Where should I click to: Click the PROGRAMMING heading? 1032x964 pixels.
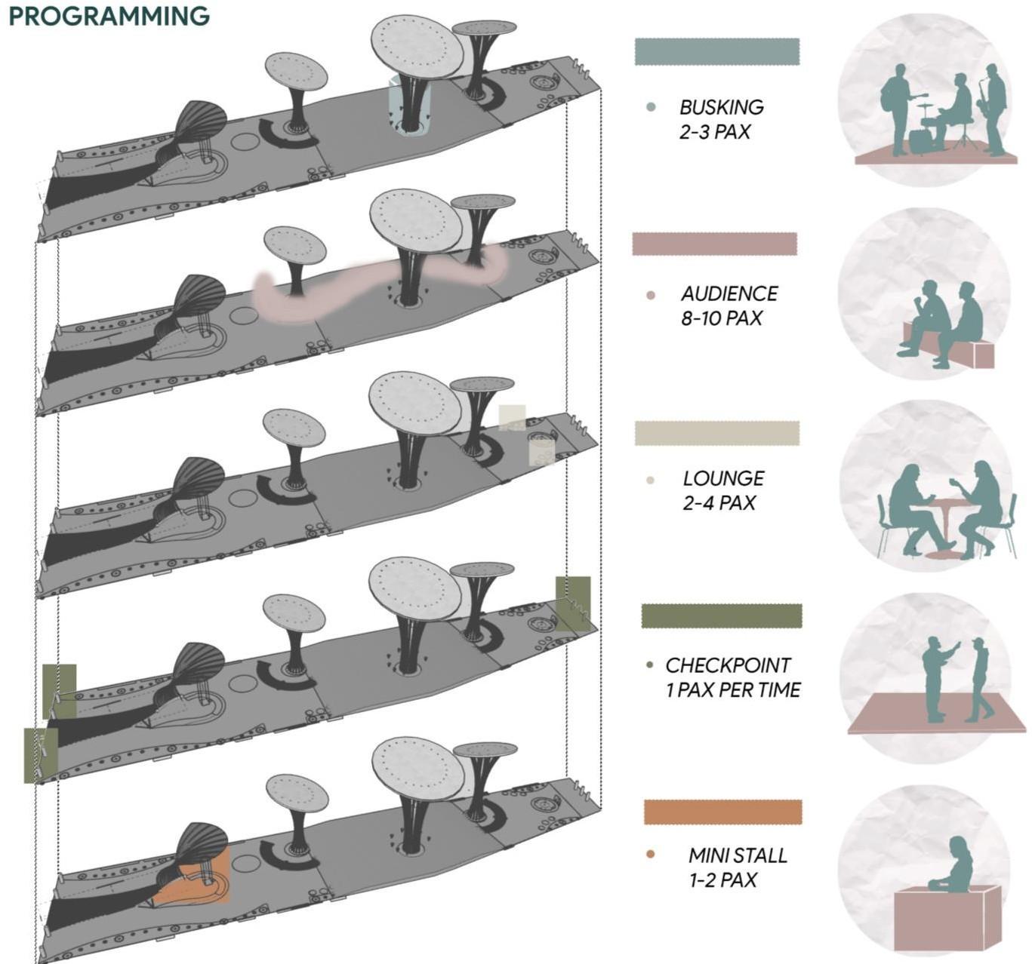pos(109,15)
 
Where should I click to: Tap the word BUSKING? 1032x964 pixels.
pos(721,107)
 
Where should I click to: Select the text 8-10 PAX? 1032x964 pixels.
pos(721,318)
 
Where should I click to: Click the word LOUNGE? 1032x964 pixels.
pos(723,478)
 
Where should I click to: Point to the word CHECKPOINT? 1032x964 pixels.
pos(728,665)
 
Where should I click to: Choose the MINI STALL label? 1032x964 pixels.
pos(737,855)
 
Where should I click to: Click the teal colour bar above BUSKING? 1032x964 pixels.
pos(716,51)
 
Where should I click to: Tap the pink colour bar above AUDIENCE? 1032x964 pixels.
pos(714,244)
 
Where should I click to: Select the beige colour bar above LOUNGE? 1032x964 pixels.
pos(716,433)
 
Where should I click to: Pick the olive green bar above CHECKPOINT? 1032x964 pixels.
pos(721,616)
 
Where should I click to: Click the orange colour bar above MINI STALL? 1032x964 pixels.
pos(722,812)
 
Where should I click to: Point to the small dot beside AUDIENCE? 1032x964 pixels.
pos(651,295)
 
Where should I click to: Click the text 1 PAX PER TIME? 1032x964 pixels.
pos(732,689)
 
